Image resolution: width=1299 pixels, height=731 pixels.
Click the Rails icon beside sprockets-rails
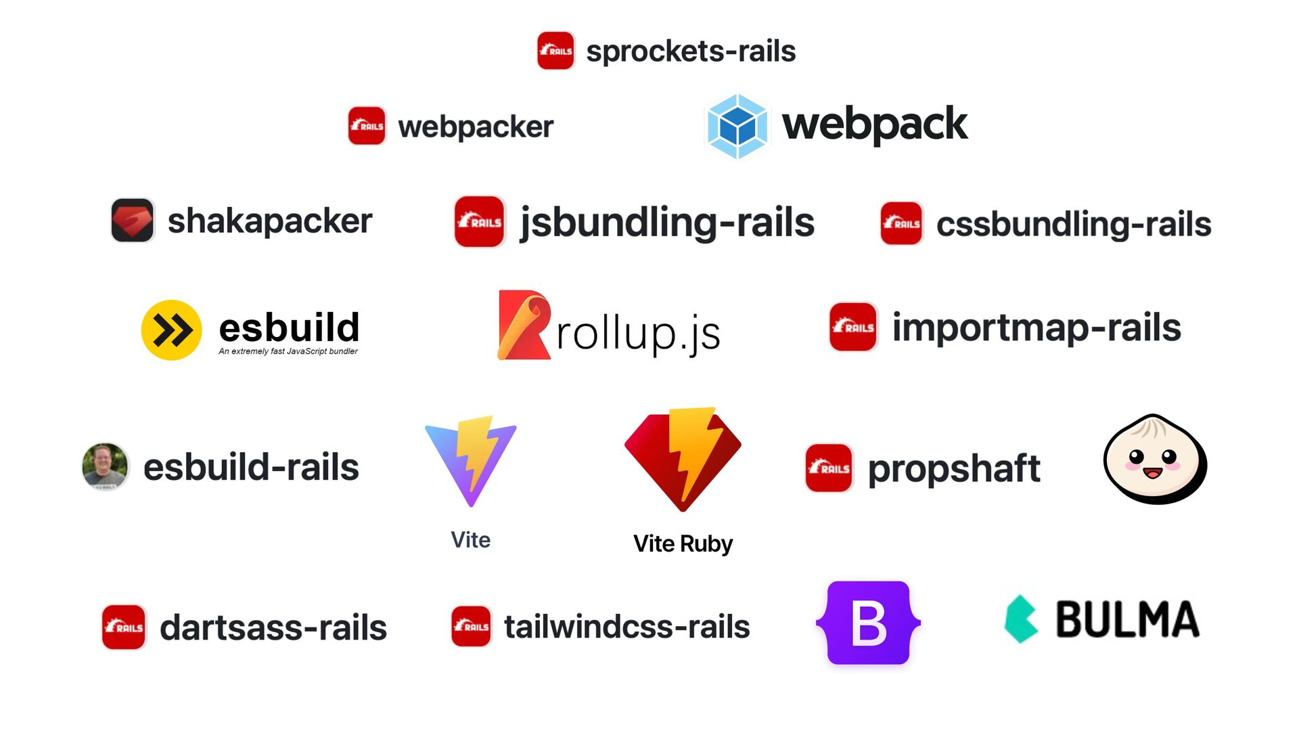(555, 51)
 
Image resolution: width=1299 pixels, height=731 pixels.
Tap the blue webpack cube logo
(737, 127)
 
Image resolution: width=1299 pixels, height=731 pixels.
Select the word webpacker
(476, 127)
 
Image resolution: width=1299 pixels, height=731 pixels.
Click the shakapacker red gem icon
(133, 220)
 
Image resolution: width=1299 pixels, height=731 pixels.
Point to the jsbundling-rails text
(666, 223)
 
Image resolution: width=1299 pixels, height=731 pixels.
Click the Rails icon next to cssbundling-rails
(901, 223)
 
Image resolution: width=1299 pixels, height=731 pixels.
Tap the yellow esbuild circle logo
(171, 330)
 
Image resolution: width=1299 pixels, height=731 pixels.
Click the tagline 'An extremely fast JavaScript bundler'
(288, 351)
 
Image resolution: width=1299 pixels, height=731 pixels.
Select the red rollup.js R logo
(523, 326)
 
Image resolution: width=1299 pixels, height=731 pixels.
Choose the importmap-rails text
(1036, 328)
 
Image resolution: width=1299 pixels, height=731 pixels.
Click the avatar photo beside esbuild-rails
(105, 466)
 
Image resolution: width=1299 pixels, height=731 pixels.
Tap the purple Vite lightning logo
(471, 461)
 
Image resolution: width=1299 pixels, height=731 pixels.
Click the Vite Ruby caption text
(683, 544)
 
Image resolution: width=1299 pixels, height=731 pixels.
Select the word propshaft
(954, 468)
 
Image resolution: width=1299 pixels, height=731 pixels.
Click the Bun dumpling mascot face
(1154, 460)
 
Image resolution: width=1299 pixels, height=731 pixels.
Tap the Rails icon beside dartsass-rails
(124, 627)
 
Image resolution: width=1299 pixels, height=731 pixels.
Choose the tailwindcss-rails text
(627, 627)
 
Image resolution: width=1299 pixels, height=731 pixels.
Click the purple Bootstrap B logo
(869, 623)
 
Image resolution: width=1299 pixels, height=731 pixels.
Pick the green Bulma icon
(1021, 619)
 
